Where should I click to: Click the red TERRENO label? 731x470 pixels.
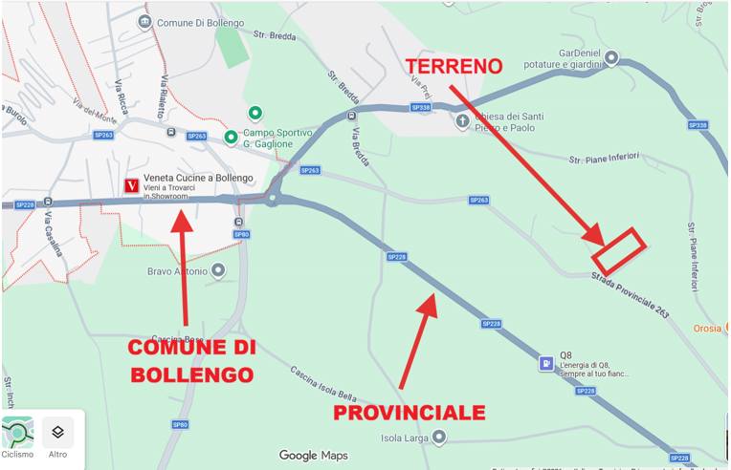[454, 66]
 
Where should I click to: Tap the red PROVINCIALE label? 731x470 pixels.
[409, 413]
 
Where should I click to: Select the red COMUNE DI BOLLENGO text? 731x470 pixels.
[191, 360]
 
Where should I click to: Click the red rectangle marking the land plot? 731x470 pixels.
[619, 249]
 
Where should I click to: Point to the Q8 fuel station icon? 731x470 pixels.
[544, 364]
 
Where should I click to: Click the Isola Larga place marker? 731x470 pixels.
[438, 437]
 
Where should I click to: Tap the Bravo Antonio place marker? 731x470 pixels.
[219, 271]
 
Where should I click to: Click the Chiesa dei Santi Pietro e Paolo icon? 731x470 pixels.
[463, 121]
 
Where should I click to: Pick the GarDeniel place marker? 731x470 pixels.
[611, 58]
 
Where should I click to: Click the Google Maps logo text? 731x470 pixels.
[313, 456]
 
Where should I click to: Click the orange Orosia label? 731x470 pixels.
[708, 328]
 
